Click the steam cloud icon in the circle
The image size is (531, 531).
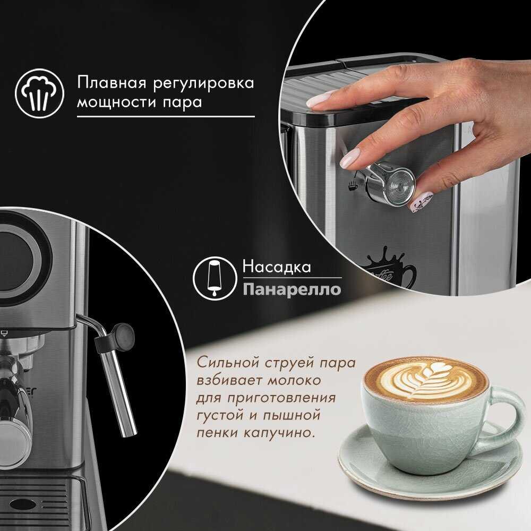tap(39, 93)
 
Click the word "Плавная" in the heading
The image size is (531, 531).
tap(112, 82)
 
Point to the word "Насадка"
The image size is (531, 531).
tap(277, 267)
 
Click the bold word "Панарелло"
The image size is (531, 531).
tap(292, 289)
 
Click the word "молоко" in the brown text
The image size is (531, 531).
tap(294, 380)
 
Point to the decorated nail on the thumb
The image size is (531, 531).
tap(420, 201)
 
